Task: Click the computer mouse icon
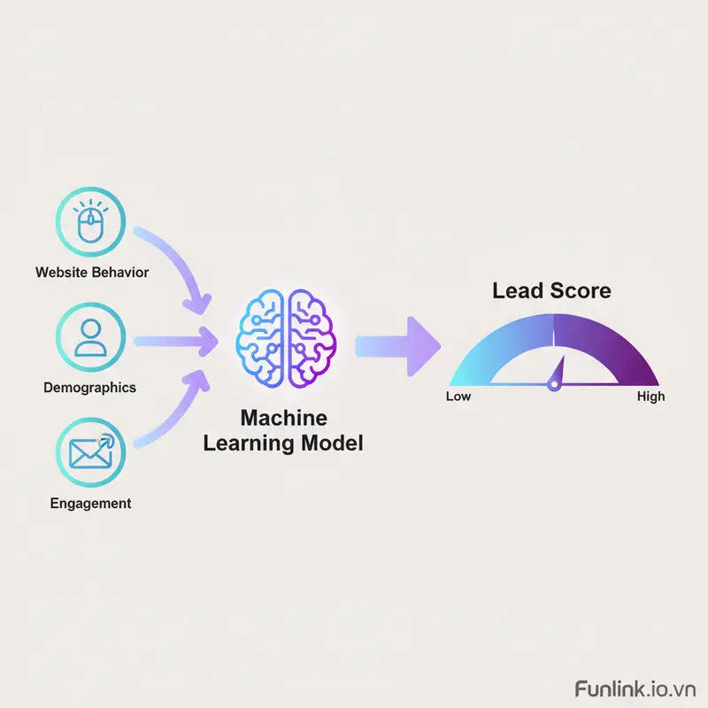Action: (90, 224)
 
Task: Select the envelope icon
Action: (90, 452)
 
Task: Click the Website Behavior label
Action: (92, 272)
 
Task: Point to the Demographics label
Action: (90, 387)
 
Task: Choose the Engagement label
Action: (90, 503)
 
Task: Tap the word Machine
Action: (283, 418)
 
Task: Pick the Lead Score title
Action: (551, 290)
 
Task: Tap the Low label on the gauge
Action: (458, 396)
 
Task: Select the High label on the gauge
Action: (650, 396)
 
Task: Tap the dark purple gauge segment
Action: (611, 341)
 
